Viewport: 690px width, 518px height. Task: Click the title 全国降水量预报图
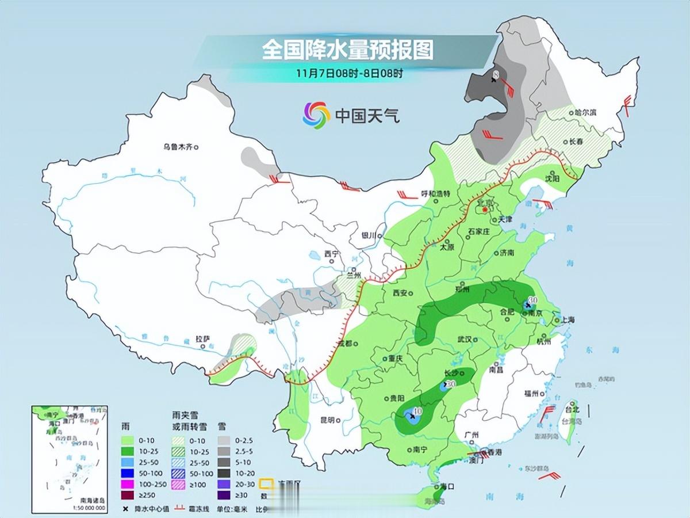(347, 50)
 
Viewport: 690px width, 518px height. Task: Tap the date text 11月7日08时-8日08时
(350, 73)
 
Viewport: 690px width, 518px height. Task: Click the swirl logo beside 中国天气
(316, 115)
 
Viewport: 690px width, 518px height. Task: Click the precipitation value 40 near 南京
(532, 299)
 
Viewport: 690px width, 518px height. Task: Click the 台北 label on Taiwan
(572, 409)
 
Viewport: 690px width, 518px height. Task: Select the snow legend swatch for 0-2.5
(225, 440)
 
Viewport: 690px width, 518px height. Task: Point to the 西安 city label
(399, 293)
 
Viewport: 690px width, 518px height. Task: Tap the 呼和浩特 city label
(436, 193)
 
